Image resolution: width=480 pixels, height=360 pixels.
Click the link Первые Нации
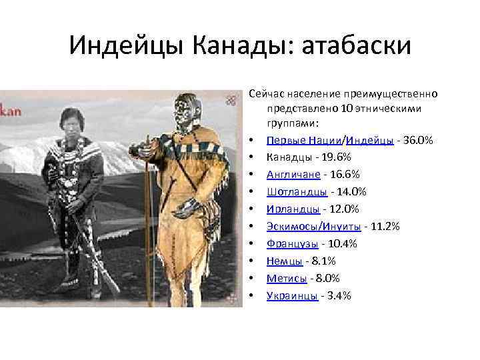click(303, 140)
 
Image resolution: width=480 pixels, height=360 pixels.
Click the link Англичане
click(292, 175)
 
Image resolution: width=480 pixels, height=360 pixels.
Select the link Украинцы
click(291, 296)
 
